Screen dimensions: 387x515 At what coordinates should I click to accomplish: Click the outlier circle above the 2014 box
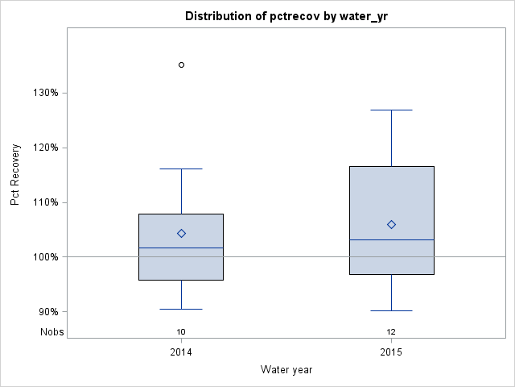(181, 64)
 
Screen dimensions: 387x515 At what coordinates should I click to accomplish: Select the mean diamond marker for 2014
(181, 233)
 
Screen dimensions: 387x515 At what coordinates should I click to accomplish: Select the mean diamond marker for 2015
(392, 224)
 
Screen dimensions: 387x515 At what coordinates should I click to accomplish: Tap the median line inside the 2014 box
(181, 248)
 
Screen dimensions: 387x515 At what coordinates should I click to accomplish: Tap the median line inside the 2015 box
(392, 239)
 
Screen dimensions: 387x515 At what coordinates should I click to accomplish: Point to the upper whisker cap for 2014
(181, 169)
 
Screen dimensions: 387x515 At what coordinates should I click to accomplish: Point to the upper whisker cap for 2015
(392, 110)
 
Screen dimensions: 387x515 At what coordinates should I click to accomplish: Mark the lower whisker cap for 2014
(181, 309)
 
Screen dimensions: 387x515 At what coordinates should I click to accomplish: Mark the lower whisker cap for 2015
(392, 310)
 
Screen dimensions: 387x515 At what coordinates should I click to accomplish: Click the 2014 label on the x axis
(181, 353)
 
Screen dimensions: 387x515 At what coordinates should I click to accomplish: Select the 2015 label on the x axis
(392, 353)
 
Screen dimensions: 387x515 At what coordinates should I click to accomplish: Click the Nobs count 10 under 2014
(181, 331)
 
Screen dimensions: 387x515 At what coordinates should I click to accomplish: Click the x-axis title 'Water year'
(286, 370)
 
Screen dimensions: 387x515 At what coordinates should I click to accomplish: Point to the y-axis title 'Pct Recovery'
(15, 175)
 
